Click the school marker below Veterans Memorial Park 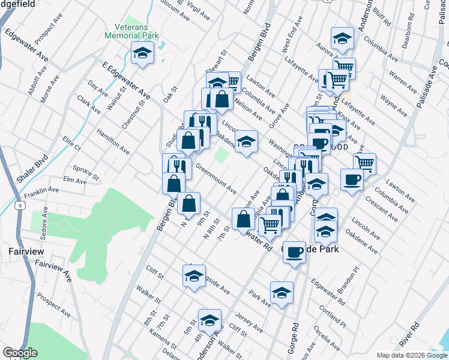(x=143, y=53)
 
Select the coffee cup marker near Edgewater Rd (x=294, y=253)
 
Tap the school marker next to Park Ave (x=282, y=293)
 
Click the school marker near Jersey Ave (x=209, y=320)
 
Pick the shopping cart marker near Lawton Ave (x=364, y=163)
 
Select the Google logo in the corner (x=20, y=353)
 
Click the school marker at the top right (x=342, y=39)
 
